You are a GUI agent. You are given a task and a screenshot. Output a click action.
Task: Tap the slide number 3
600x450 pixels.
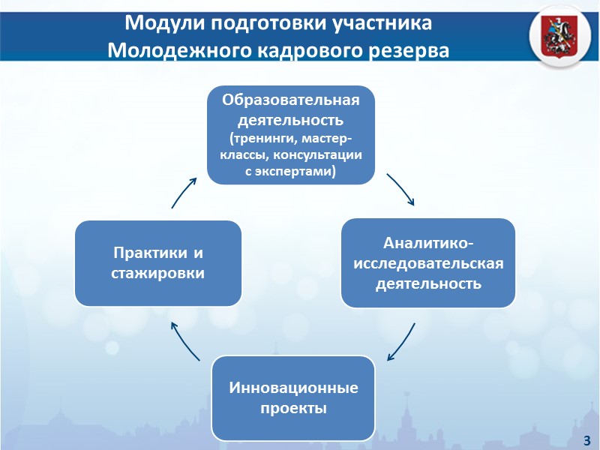586,439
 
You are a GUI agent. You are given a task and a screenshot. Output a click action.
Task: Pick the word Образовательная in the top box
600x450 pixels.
291,100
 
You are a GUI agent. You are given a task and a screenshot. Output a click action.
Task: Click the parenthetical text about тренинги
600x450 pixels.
291,155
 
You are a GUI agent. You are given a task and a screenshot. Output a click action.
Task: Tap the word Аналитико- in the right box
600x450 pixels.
428,244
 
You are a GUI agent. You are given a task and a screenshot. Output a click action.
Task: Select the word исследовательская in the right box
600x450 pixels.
428,264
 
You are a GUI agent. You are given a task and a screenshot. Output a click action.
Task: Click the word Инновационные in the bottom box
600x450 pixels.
293,388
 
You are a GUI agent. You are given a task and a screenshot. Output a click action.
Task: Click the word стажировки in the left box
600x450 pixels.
157,272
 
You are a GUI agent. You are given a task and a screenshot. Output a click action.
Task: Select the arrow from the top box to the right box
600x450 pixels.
401,189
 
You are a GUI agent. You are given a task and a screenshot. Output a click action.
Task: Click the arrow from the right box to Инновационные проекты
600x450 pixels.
403,342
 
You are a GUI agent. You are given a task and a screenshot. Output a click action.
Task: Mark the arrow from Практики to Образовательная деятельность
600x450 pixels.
184,192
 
